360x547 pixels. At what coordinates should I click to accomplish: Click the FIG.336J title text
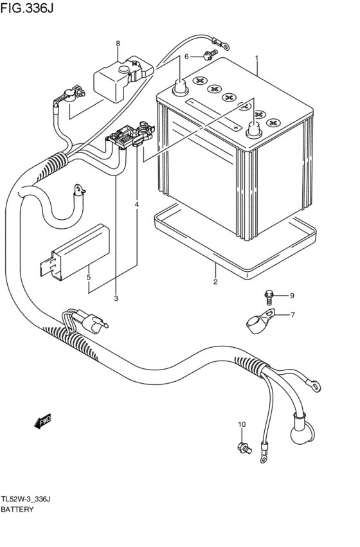[27, 8]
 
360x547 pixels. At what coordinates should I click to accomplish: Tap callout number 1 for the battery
[256, 58]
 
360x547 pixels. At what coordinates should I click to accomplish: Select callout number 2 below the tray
[215, 282]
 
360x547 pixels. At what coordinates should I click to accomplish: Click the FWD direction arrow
[43, 421]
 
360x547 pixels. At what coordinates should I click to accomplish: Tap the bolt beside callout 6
[210, 54]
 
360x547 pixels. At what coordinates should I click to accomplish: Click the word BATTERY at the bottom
[17, 509]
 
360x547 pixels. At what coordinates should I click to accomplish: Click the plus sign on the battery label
[237, 128]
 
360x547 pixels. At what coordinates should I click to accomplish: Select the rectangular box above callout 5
[75, 251]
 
